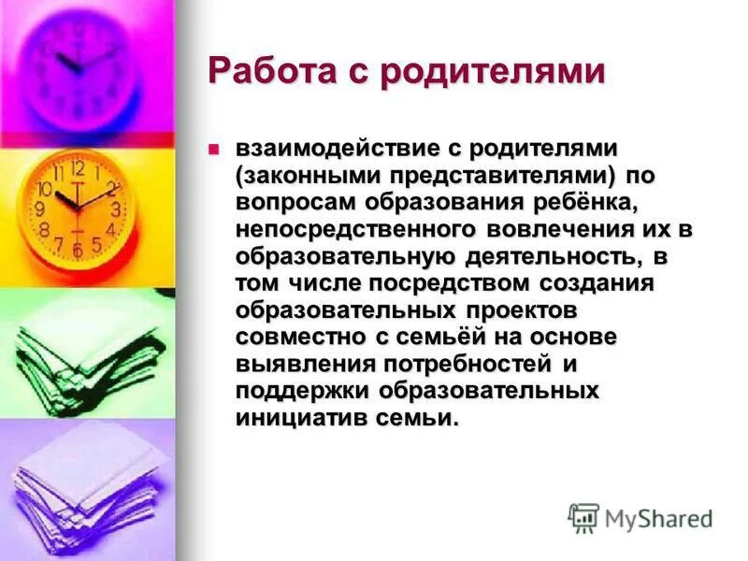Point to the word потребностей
[x=465, y=363]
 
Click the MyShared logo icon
[x=583, y=517]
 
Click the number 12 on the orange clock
[x=78, y=169]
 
